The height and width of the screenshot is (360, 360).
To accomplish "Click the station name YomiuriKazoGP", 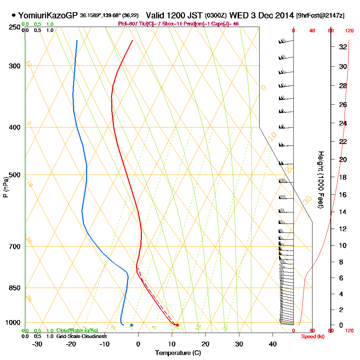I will (x=48, y=15).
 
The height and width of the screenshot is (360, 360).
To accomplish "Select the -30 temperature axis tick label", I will (x=37, y=344).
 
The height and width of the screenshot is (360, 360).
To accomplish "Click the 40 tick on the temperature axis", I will (x=273, y=344).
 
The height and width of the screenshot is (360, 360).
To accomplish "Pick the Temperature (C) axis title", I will (x=178, y=353).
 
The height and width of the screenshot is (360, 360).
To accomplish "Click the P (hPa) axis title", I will (x=5, y=187).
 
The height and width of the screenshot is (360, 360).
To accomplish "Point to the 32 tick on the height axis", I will (x=343, y=47).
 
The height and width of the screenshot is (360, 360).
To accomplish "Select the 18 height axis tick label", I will (x=343, y=177).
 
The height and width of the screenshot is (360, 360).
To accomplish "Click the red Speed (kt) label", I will (x=312, y=336).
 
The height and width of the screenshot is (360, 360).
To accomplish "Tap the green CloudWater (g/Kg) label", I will (x=77, y=330).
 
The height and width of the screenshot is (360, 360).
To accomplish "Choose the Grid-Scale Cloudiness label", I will (x=81, y=336).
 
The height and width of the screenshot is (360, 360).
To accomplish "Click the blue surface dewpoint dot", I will (x=131, y=325).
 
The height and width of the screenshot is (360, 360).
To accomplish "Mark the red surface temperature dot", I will (x=177, y=325).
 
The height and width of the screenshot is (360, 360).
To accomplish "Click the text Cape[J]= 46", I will (x=226, y=24).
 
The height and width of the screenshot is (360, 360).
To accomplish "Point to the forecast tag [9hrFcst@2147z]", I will (x=320, y=16).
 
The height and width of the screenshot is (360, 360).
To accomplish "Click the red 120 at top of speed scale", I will (x=349, y=31).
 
